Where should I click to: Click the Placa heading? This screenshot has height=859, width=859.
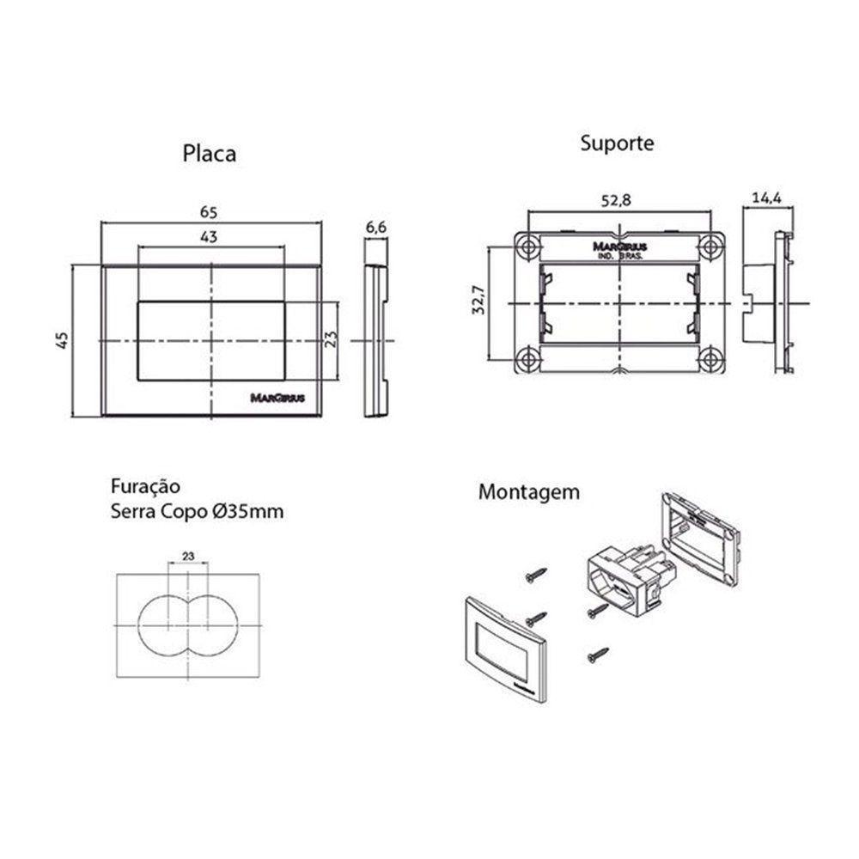(209, 154)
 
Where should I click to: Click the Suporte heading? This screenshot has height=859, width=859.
(616, 143)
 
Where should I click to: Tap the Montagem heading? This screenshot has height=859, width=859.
(528, 493)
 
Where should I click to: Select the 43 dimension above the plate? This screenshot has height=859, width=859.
(209, 237)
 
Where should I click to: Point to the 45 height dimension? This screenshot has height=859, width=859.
(62, 340)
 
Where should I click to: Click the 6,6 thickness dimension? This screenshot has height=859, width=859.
(375, 227)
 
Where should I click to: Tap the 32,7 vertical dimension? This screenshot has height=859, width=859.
(478, 302)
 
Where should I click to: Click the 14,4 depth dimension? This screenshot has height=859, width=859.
(765, 198)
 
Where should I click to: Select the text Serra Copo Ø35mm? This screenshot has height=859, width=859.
(197, 512)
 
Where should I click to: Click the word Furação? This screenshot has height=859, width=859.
(144, 486)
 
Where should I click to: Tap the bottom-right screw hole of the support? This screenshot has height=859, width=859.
(710, 358)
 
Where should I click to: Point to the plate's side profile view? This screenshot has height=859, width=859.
(375, 341)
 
